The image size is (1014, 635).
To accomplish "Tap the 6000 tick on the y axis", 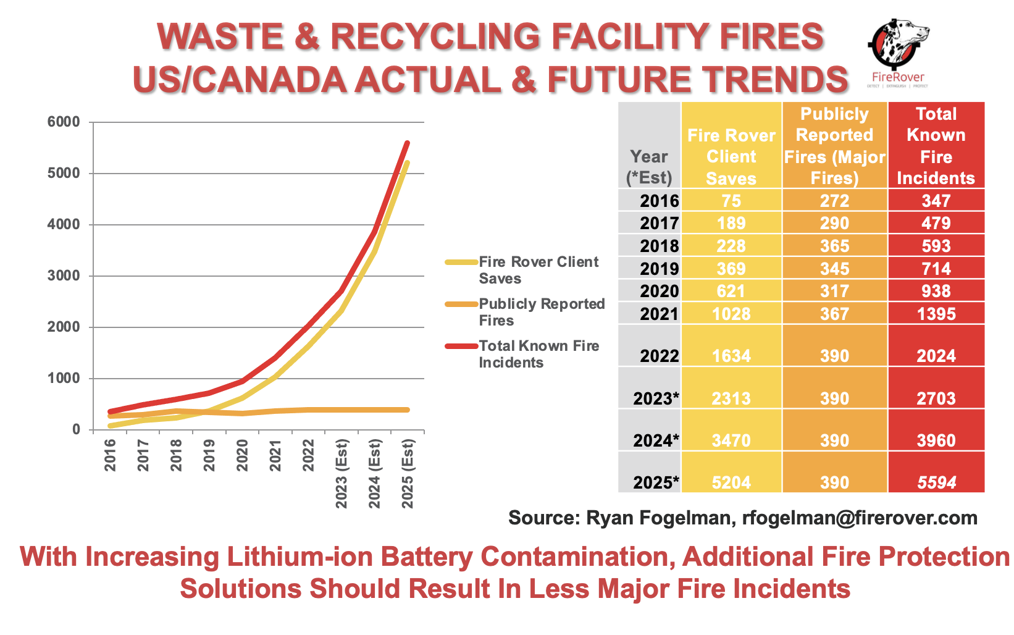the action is click(64, 122).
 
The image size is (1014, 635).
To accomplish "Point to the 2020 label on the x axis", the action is click(242, 455).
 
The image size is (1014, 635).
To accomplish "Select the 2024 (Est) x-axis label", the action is click(374, 473).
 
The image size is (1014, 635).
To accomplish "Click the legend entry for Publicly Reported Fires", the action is click(525, 312).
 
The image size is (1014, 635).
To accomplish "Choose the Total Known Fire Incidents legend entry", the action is click(522, 354).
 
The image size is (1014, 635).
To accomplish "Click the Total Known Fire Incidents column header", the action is click(936, 146).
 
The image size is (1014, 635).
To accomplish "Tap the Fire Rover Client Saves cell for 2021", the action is click(731, 314).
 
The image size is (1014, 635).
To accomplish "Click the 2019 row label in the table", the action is click(660, 269).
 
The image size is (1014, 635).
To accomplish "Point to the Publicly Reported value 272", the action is click(834, 201).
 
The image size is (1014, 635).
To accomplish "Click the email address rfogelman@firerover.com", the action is click(860, 518).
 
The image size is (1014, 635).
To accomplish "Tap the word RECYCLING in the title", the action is click(435, 36).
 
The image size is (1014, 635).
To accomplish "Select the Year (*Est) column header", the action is click(649, 167).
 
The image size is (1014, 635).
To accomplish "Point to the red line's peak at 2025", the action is click(408, 143).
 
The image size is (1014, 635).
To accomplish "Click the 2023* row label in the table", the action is click(656, 398).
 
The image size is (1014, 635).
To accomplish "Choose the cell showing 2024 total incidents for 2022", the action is click(936, 356).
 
